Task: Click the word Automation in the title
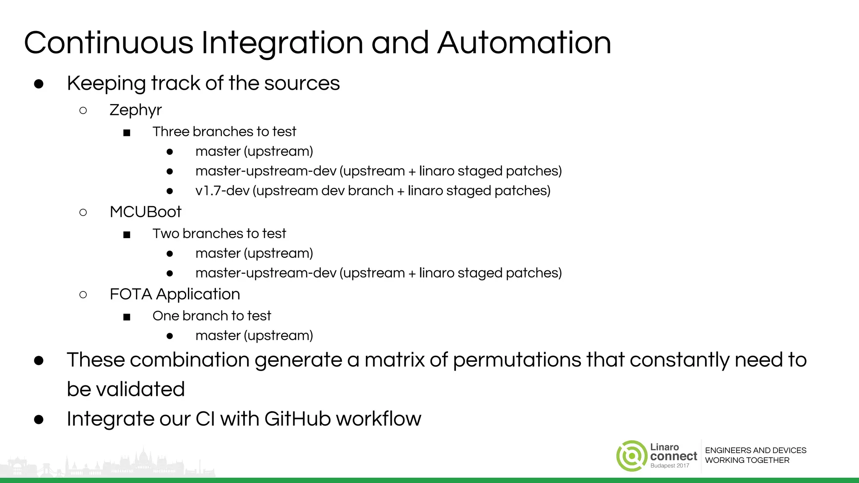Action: pyautogui.click(x=524, y=43)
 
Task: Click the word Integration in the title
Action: pyautogui.click(x=282, y=43)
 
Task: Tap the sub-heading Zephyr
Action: pyautogui.click(x=135, y=110)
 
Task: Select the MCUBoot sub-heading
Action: pyautogui.click(x=145, y=212)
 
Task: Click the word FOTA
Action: pyautogui.click(x=130, y=294)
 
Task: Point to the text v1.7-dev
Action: pyautogui.click(x=222, y=191)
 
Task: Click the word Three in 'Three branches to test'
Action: pyautogui.click(x=171, y=132)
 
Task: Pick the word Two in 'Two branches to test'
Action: pyautogui.click(x=166, y=234)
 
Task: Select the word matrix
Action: pyautogui.click(x=395, y=360)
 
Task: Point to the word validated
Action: pyautogui.click(x=140, y=390)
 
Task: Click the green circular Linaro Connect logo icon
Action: pyautogui.click(x=631, y=456)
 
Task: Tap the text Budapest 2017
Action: pyautogui.click(x=670, y=466)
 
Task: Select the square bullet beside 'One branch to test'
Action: pyautogui.click(x=127, y=317)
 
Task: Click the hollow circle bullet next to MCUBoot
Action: pyautogui.click(x=83, y=213)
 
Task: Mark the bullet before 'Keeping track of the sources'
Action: pyautogui.click(x=39, y=84)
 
